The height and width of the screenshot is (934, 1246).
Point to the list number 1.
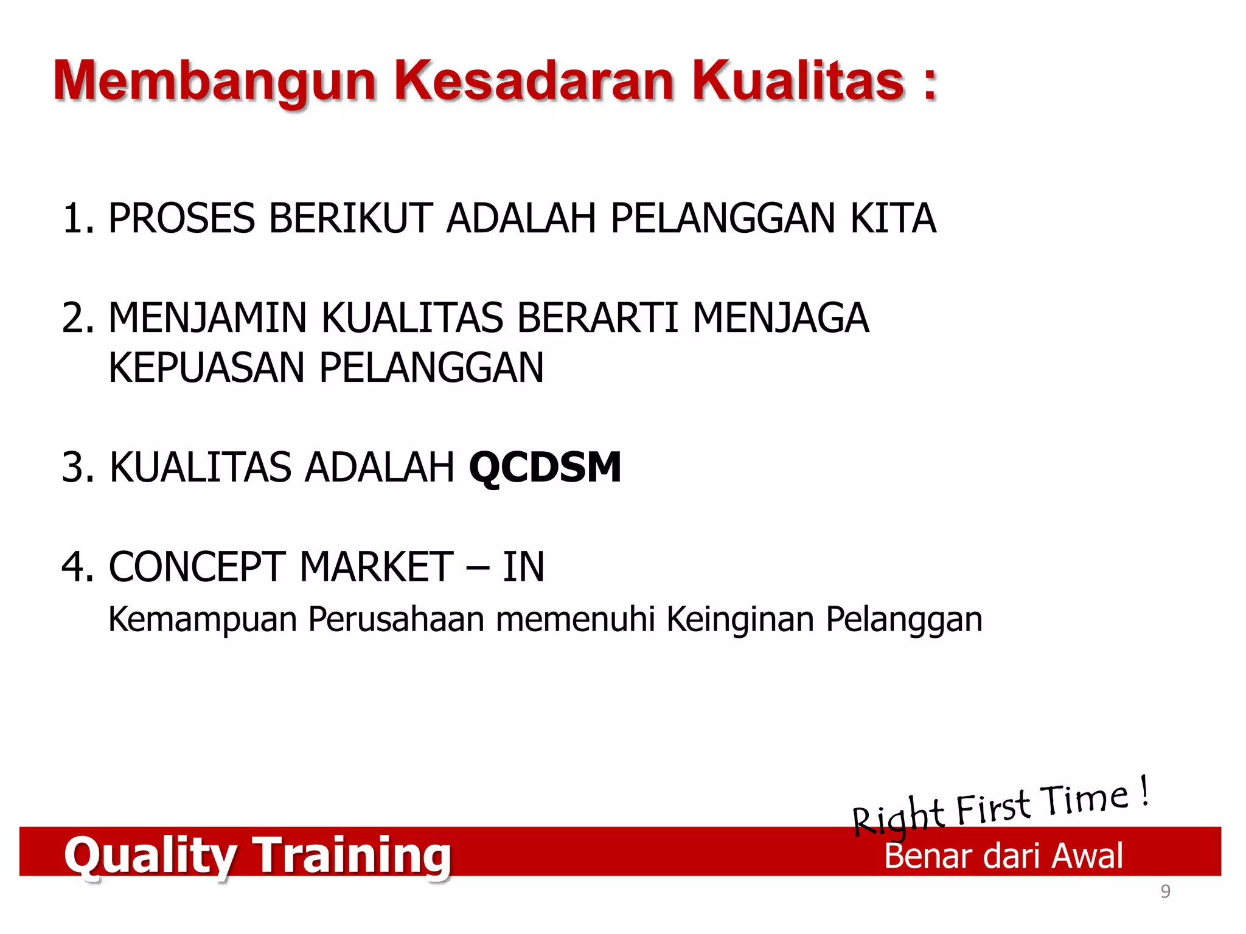pyautogui.click(x=77, y=218)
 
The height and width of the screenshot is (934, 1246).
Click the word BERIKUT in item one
pyautogui.click(x=350, y=218)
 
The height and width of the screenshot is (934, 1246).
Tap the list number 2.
pyautogui.click(x=77, y=318)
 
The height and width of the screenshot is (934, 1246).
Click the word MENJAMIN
pyautogui.click(x=207, y=318)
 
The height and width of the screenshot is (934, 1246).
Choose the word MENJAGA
pyautogui.click(x=781, y=318)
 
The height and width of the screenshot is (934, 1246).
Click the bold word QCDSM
pyautogui.click(x=545, y=468)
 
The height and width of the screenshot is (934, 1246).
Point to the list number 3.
pyautogui.click(x=77, y=468)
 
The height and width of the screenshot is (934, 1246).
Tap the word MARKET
pyautogui.click(x=377, y=567)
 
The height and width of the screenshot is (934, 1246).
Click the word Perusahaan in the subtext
pyautogui.click(x=396, y=620)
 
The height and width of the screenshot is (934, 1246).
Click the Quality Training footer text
pyautogui.click(x=257, y=855)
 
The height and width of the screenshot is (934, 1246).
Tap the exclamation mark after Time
pyautogui.click(x=1144, y=790)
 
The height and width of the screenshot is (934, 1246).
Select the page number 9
pyautogui.click(x=1165, y=891)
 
